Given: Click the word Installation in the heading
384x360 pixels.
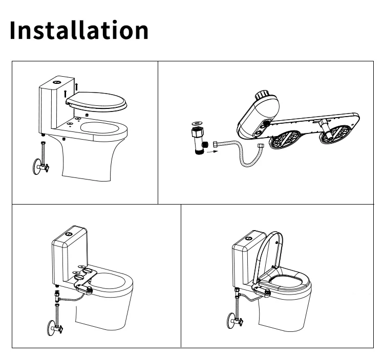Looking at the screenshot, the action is pos(79,30).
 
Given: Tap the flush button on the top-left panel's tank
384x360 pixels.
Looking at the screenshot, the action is pos(56,82).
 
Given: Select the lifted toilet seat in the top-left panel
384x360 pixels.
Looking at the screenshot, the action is pos(96,102).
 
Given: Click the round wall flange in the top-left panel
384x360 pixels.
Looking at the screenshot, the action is pos(36,167).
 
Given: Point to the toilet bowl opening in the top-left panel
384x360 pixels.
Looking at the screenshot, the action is pos(100,128).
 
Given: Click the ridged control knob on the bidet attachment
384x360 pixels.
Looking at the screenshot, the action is pos(262,95).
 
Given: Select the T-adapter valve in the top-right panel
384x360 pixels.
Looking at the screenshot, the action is pos(199,141).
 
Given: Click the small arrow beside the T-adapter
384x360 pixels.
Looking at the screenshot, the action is pos(212,152).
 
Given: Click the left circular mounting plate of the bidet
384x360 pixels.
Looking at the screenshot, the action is pos(285,139).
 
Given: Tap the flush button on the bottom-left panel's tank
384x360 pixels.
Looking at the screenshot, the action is pos(69,234).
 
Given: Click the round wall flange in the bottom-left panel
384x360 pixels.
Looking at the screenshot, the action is pos(51,328).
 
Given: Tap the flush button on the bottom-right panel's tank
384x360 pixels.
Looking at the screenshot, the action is pos(249,238).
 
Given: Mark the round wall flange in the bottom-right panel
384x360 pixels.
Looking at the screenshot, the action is pos(231,321).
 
